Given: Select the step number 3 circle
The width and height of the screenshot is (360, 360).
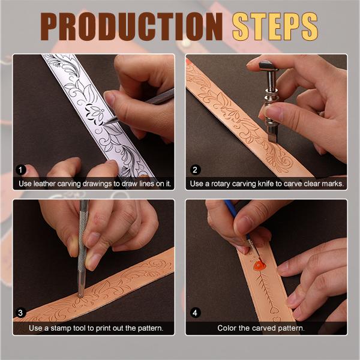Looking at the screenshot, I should tap(21, 313).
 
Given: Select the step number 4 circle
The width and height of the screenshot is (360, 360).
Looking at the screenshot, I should tap(194, 313).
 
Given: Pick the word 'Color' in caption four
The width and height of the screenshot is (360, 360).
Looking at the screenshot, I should tap(228, 328).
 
